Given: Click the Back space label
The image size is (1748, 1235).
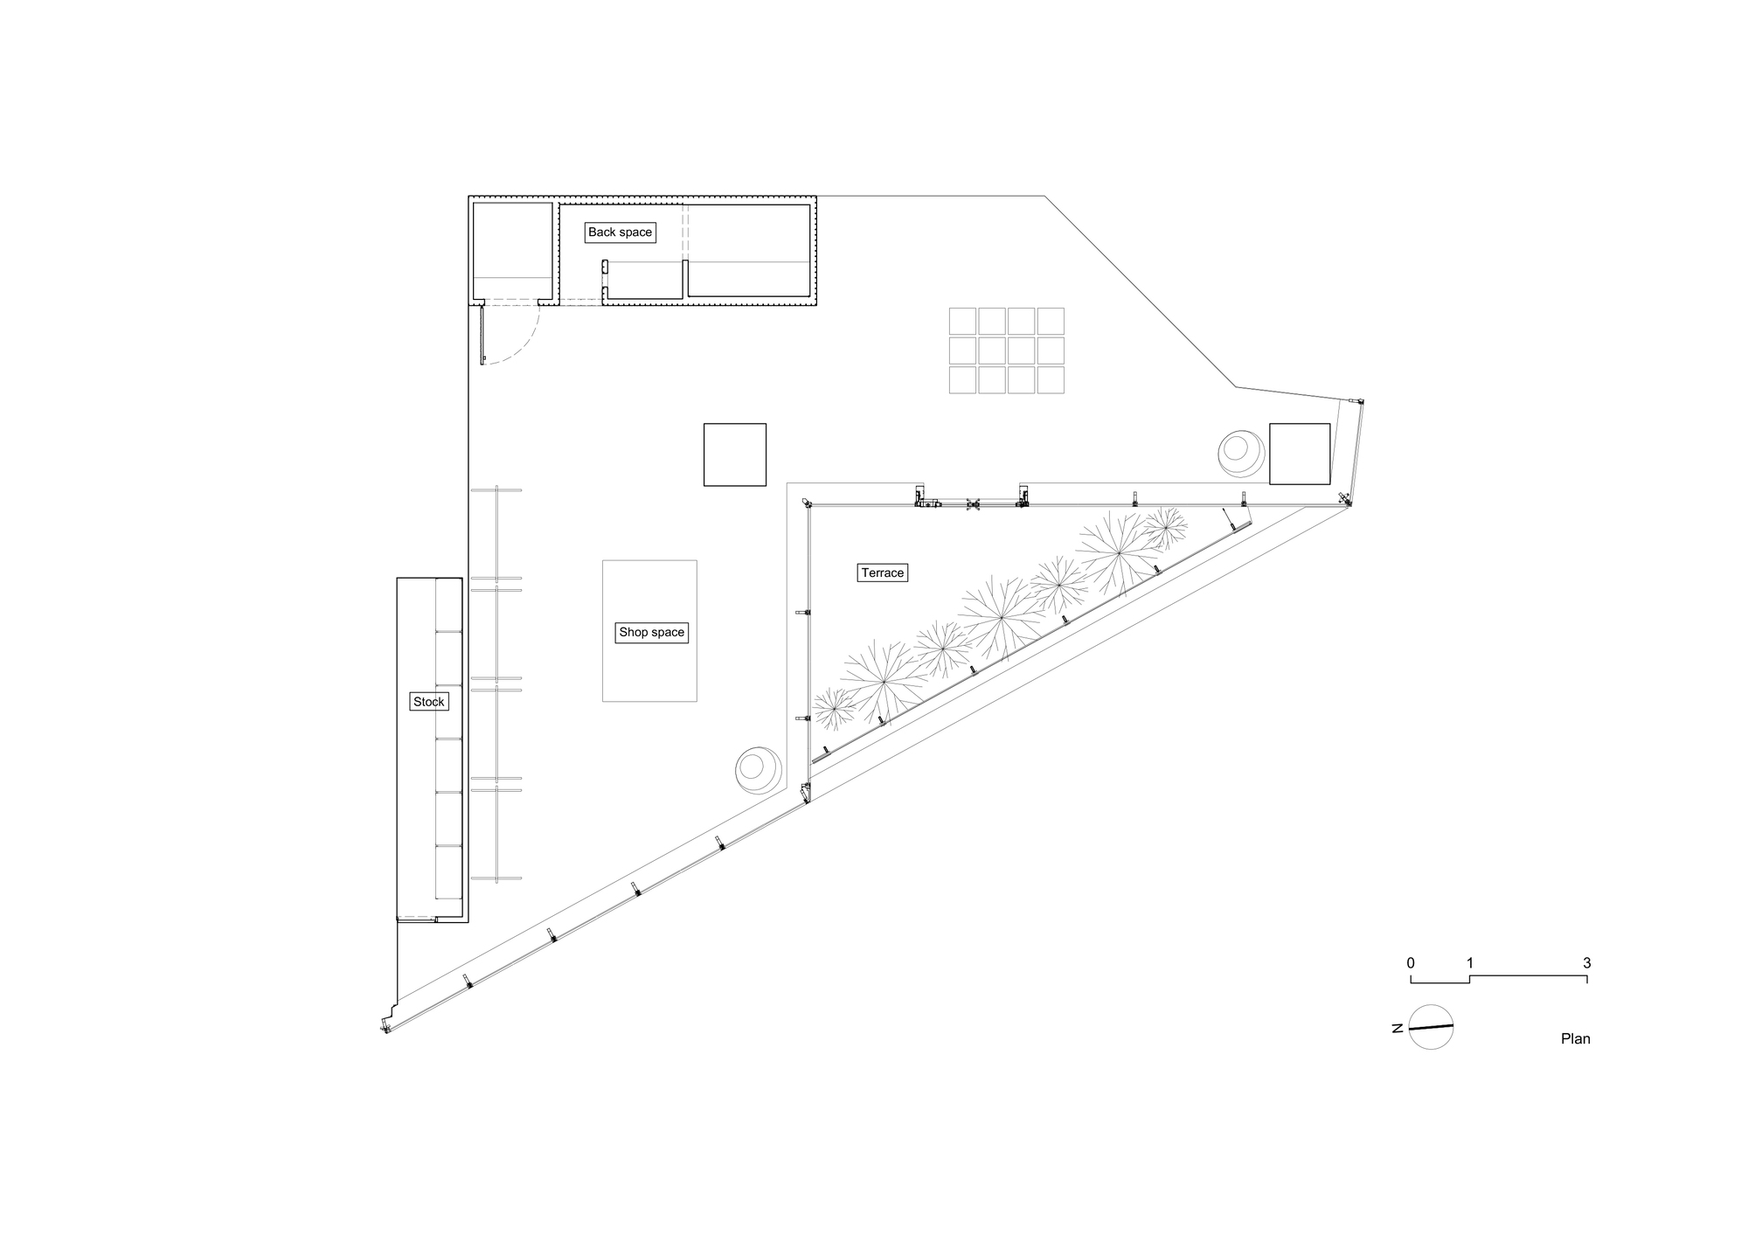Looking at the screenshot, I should pos(620,232).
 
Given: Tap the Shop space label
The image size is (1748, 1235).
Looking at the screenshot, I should pos(652,633).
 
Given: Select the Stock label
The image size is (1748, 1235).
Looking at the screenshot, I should pos(428,702).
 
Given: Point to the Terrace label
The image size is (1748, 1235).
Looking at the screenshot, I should pos(882,573).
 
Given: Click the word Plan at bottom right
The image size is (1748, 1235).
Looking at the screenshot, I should pos(1575,1039).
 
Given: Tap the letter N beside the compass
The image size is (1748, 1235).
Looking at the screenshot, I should pos(1398,1029).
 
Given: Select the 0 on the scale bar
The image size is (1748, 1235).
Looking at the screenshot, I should pos(1411,963).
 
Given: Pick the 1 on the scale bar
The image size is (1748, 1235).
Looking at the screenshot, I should pos(1469,963).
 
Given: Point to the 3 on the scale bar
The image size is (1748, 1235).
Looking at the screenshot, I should pos(1586,963).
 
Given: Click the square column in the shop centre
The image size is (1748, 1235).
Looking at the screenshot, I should pos(735,454).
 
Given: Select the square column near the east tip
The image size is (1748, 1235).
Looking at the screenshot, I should pos(1300,454).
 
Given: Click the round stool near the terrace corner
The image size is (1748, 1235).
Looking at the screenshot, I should pos(757,770).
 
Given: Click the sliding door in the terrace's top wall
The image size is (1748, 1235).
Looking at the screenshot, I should pos(970,503).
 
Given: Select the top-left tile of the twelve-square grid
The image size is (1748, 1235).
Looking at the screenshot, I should pos(962,321).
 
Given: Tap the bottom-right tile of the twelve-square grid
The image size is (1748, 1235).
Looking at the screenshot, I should pos(1050,380).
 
